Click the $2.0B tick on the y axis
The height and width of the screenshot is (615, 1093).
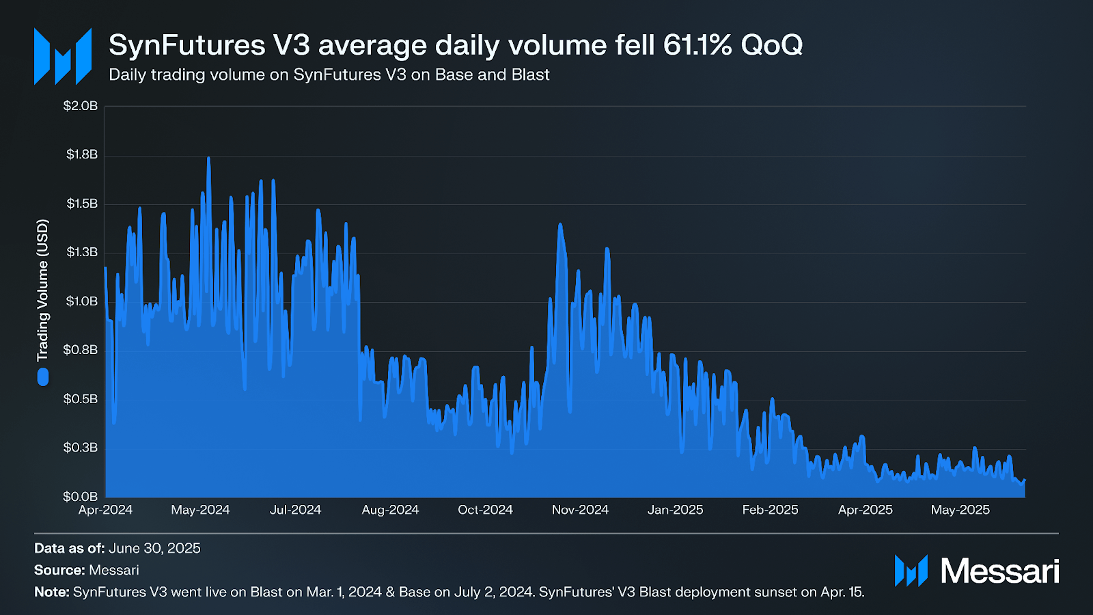[x=81, y=106]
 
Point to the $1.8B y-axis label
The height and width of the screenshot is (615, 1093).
[x=82, y=154]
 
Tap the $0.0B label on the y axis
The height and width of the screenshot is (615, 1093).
[x=81, y=496]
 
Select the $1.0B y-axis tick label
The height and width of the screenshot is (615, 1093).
[x=82, y=301]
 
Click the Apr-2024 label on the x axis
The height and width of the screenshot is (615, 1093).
[x=105, y=510]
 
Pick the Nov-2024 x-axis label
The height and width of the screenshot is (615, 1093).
[x=580, y=510]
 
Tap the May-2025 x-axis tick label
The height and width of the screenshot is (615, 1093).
[x=960, y=510]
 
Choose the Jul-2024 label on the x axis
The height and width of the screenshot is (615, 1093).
[x=295, y=510]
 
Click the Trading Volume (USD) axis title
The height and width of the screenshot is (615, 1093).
[x=43, y=290]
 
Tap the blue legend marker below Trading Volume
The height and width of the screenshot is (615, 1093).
[x=43, y=377]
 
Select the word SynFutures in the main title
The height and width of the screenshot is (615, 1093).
[x=186, y=45]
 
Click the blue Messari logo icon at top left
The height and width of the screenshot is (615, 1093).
[x=63, y=56]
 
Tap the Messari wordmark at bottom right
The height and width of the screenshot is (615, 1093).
[x=999, y=571]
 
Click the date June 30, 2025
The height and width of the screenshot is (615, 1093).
[x=154, y=548]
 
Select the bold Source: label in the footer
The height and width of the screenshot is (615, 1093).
[x=59, y=570]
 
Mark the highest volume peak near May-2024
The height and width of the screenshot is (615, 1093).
[x=208, y=159]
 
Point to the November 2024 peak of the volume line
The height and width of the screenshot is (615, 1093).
[x=560, y=224]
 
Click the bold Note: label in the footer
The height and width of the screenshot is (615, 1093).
[x=52, y=592]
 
